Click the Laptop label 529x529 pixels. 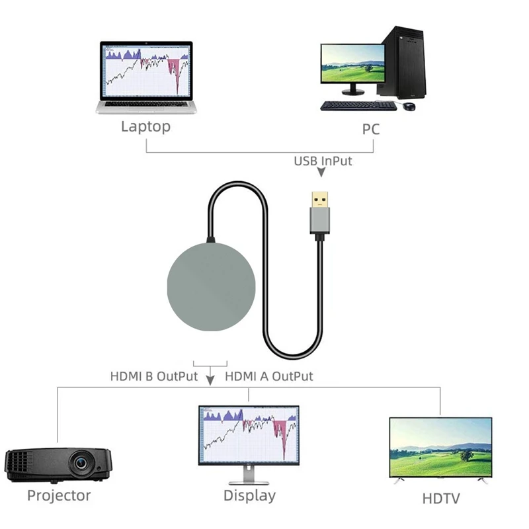(145, 126)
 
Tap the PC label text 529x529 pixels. (371, 128)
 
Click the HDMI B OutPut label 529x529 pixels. (154, 377)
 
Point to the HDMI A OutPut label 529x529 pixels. (269, 377)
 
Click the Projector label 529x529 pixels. (59, 495)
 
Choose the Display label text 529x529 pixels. (249, 495)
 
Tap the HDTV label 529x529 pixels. (440, 499)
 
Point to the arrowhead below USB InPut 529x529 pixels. (322, 173)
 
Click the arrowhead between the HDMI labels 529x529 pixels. (211, 380)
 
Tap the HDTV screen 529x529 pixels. (440, 449)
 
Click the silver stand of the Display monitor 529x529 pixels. (248, 474)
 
